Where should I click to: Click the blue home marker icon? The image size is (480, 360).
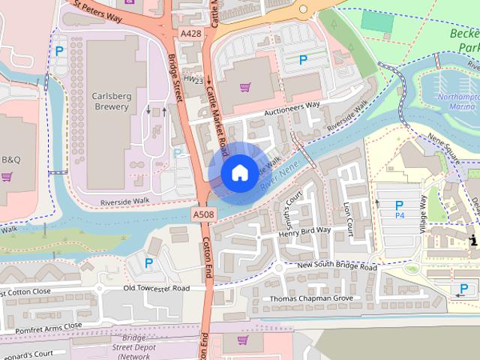[x=238, y=172]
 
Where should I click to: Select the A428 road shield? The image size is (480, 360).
[x=190, y=33]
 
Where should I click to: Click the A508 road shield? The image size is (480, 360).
[x=202, y=214]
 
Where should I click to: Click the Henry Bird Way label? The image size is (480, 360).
[x=304, y=230]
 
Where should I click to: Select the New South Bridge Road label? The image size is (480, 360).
[x=337, y=267]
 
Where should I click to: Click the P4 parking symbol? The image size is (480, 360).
[x=399, y=209]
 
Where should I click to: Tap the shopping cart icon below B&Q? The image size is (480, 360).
[x=7, y=177]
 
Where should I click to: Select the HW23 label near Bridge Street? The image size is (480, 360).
[x=193, y=78]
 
